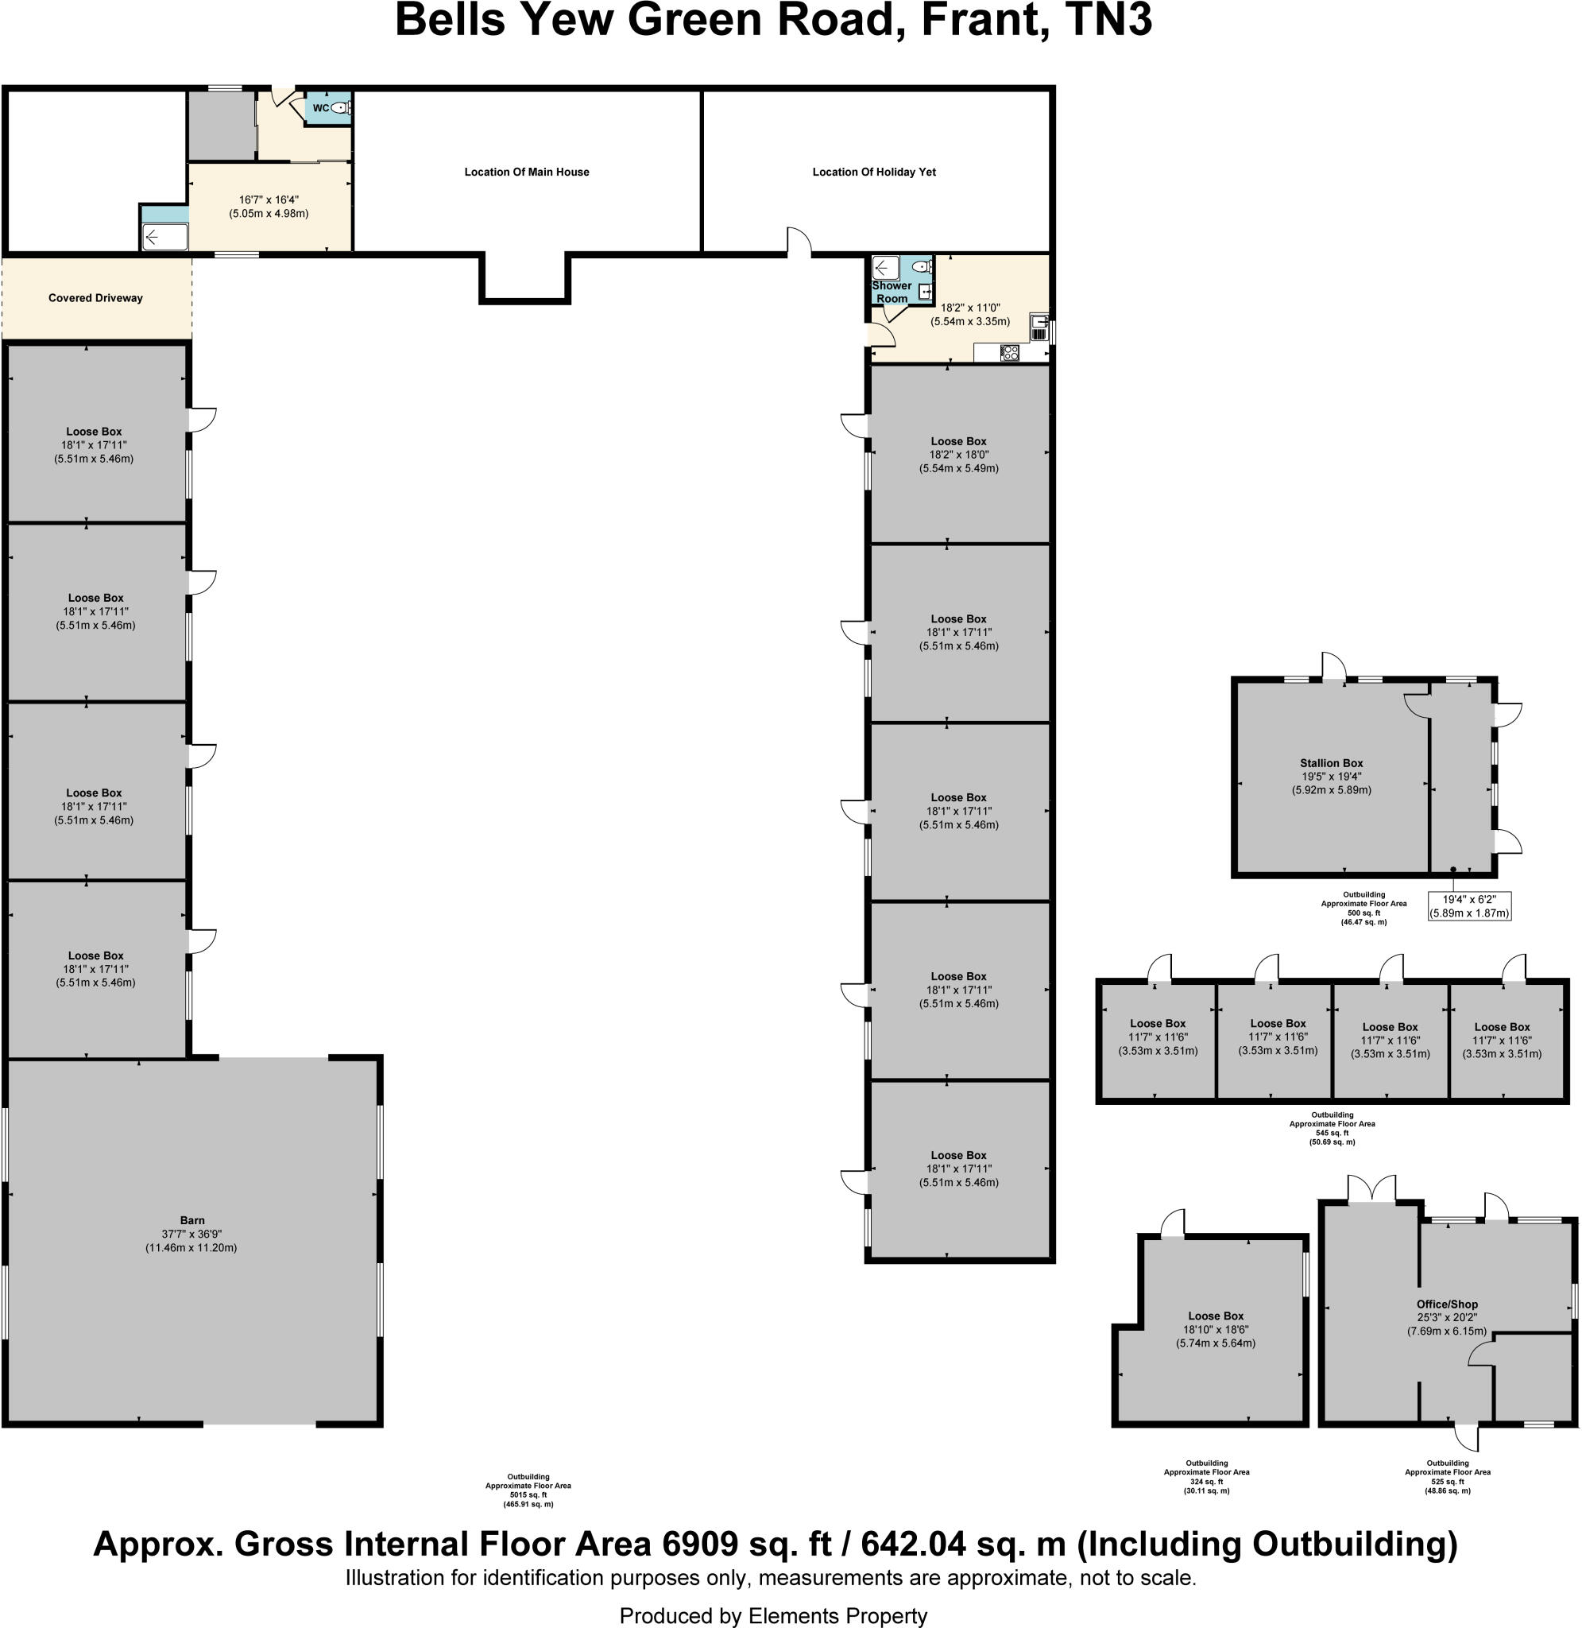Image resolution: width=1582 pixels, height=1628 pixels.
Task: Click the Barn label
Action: pos(192,1220)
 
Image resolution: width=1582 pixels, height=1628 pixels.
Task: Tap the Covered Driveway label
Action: pos(95,298)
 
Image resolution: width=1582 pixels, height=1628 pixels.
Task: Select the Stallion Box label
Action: pos(1331,763)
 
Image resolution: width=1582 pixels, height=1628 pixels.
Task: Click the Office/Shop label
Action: pos(1447,1304)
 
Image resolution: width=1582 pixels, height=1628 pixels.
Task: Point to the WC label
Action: pos(321,108)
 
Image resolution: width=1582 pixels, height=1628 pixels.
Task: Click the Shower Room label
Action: pos(892,292)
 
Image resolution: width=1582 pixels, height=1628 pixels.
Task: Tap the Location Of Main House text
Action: pos(527,172)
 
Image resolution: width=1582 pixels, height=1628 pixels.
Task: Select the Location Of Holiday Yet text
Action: pos(874,172)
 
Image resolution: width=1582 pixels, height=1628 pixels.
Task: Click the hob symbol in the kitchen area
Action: pos(1010,352)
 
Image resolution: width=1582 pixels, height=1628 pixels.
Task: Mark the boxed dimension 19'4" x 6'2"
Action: pos(1469,906)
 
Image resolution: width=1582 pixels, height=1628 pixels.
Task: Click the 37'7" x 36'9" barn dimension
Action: pos(192,1234)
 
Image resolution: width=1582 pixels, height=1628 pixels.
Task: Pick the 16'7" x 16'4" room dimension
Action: pos(269,200)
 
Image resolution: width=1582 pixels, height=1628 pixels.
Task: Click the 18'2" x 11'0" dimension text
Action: pos(969,308)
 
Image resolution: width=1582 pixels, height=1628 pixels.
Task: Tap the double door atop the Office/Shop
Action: pos(1371,1190)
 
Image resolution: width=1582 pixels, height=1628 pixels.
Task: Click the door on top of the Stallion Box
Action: pos(1334,667)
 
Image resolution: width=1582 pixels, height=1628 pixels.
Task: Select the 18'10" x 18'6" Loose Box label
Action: pos(1216,1316)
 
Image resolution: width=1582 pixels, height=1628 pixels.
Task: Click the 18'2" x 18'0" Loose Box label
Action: pos(959,441)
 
